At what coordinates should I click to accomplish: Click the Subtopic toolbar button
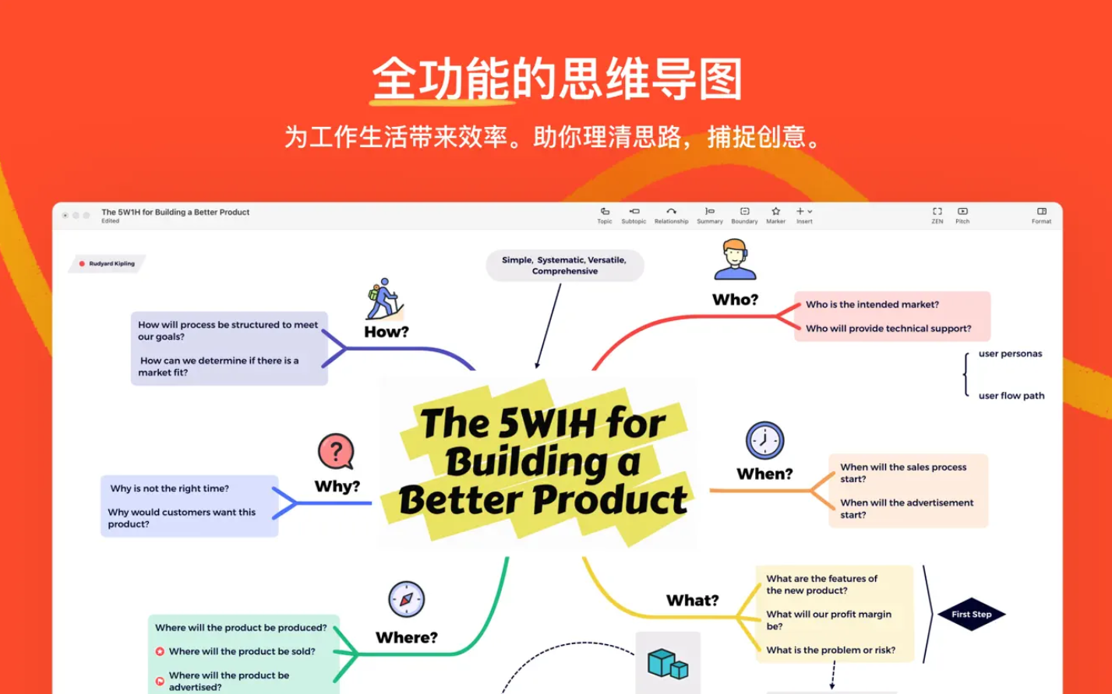coord(634,215)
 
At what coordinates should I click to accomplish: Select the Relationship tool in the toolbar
coord(671,215)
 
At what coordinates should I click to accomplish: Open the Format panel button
coord(1041,215)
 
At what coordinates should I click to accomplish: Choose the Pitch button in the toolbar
coord(962,215)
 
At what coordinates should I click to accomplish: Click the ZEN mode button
coord(937,215)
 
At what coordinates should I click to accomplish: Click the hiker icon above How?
coord(384,299)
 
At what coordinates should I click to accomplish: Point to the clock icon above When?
coord(764,441)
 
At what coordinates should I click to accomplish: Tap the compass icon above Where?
coord(406,600)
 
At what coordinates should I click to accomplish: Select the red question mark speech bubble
coord(336,452)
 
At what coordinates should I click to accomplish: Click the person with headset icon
coord(735,260)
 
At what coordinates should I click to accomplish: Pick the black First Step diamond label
coord(971,615)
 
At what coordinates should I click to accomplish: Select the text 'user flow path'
coord(1011,396)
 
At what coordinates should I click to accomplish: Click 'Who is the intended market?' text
coord(872,305)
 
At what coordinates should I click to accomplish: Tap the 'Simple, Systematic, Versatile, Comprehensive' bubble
coord(565,266)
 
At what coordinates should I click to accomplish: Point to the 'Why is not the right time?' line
coord(169,488)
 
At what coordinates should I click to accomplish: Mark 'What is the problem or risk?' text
coord(831,650)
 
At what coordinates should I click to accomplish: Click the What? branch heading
coord(692,601)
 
